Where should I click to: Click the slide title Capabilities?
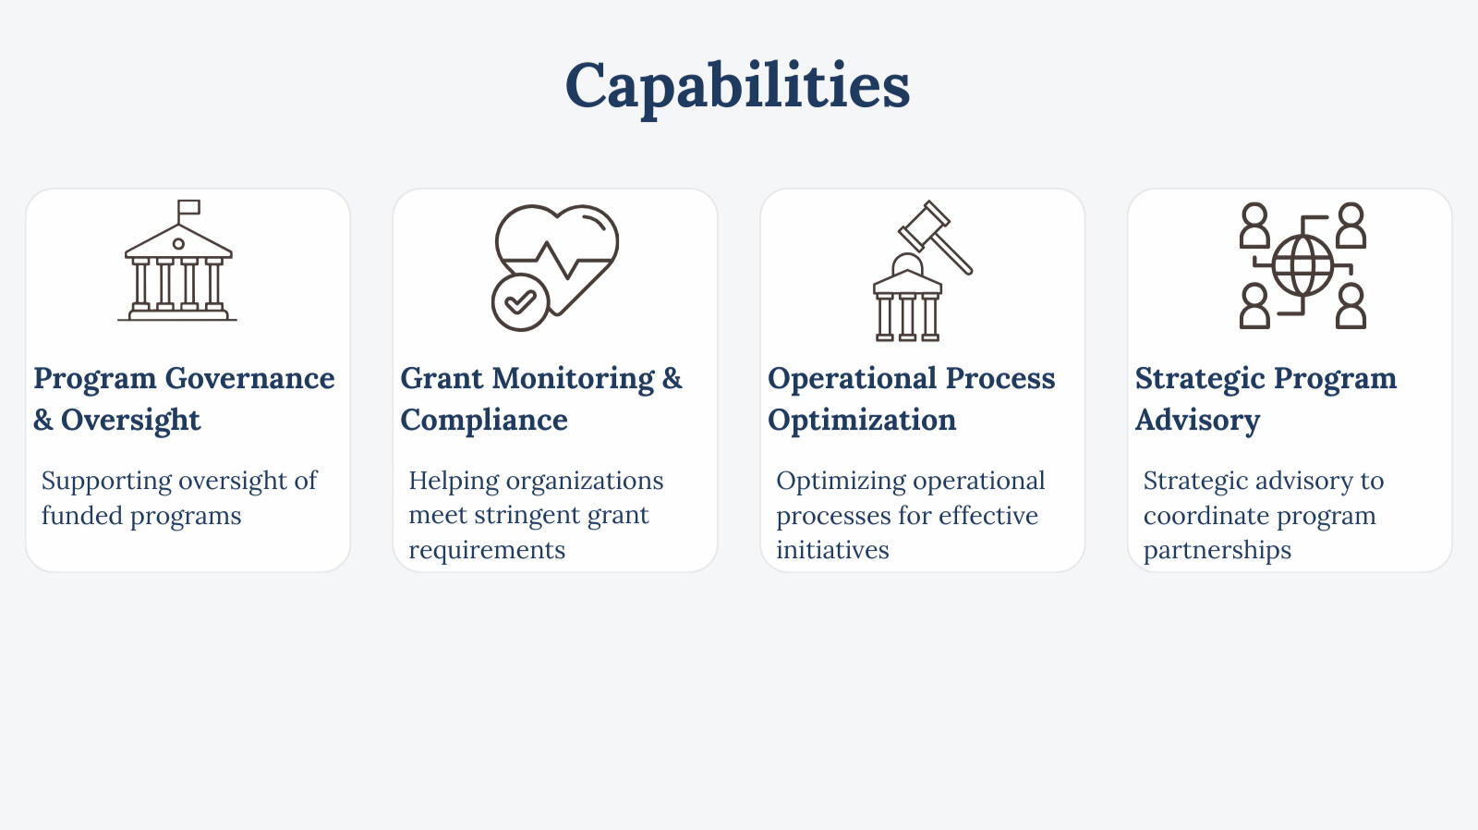click(x=738, y=87)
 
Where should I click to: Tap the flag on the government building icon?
click(x=188, y=207)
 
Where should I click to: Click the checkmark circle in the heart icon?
click(x=521, y=301)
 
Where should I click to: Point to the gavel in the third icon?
click(x=935, y=237)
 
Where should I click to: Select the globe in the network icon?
click(x=1302, y=266)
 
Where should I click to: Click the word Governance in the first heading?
click(x=249, y=378)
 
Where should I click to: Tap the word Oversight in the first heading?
click(x=130, y=420)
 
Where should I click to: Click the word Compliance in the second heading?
click(x=484, y=420)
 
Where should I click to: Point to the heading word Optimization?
click(x=862, y=421)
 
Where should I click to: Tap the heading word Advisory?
click(x=1197, y=421)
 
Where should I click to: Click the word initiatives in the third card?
click(x=832, y=550)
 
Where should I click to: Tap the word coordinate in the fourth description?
click(x=1205, y=516)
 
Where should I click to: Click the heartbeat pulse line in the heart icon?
click(x=555, y=260)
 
